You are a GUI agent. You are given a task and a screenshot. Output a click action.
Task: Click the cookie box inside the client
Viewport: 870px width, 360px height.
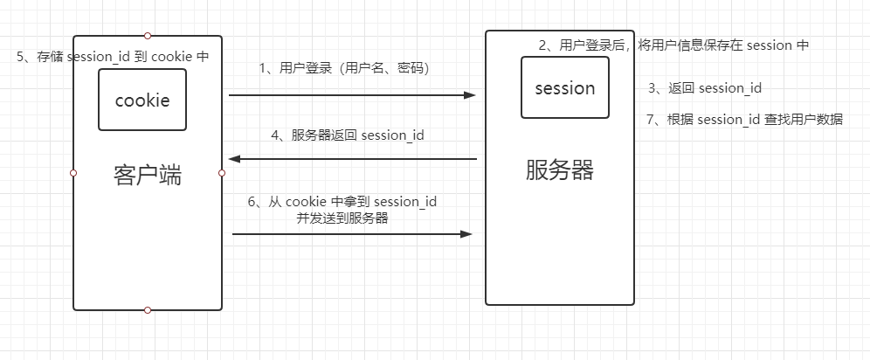142,100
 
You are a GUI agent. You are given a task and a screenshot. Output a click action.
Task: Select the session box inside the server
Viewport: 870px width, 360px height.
564,87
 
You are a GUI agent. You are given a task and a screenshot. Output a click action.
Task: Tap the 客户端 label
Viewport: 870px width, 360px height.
148,175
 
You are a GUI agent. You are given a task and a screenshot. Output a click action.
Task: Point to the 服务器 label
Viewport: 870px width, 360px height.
560,170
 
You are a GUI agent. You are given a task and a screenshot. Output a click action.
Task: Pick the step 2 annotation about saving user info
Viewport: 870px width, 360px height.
672,45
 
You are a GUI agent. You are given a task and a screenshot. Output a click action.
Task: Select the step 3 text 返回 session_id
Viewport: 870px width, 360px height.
705,88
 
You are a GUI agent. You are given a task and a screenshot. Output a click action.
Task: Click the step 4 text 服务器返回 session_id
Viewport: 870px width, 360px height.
347,135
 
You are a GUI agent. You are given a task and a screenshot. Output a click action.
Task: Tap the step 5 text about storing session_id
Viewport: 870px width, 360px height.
113,57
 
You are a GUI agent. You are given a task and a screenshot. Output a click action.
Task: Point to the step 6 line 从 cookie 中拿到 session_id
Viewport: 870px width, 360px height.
342,202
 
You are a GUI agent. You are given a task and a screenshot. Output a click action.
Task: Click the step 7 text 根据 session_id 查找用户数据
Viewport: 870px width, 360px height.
744,120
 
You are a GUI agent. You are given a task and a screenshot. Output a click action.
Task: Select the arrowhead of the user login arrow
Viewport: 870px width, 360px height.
472,94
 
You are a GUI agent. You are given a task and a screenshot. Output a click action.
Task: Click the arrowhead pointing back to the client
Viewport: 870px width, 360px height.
234,159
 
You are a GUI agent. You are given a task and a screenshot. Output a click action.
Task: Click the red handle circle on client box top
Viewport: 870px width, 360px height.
148,36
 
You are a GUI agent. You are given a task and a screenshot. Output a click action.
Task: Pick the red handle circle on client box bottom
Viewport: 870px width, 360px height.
148,310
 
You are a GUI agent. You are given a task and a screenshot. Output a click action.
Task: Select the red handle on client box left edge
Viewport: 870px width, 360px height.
73,173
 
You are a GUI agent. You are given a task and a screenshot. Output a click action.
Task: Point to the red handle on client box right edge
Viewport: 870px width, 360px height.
222,173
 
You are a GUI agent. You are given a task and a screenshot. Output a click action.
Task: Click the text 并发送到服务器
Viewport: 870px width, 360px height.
342,218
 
